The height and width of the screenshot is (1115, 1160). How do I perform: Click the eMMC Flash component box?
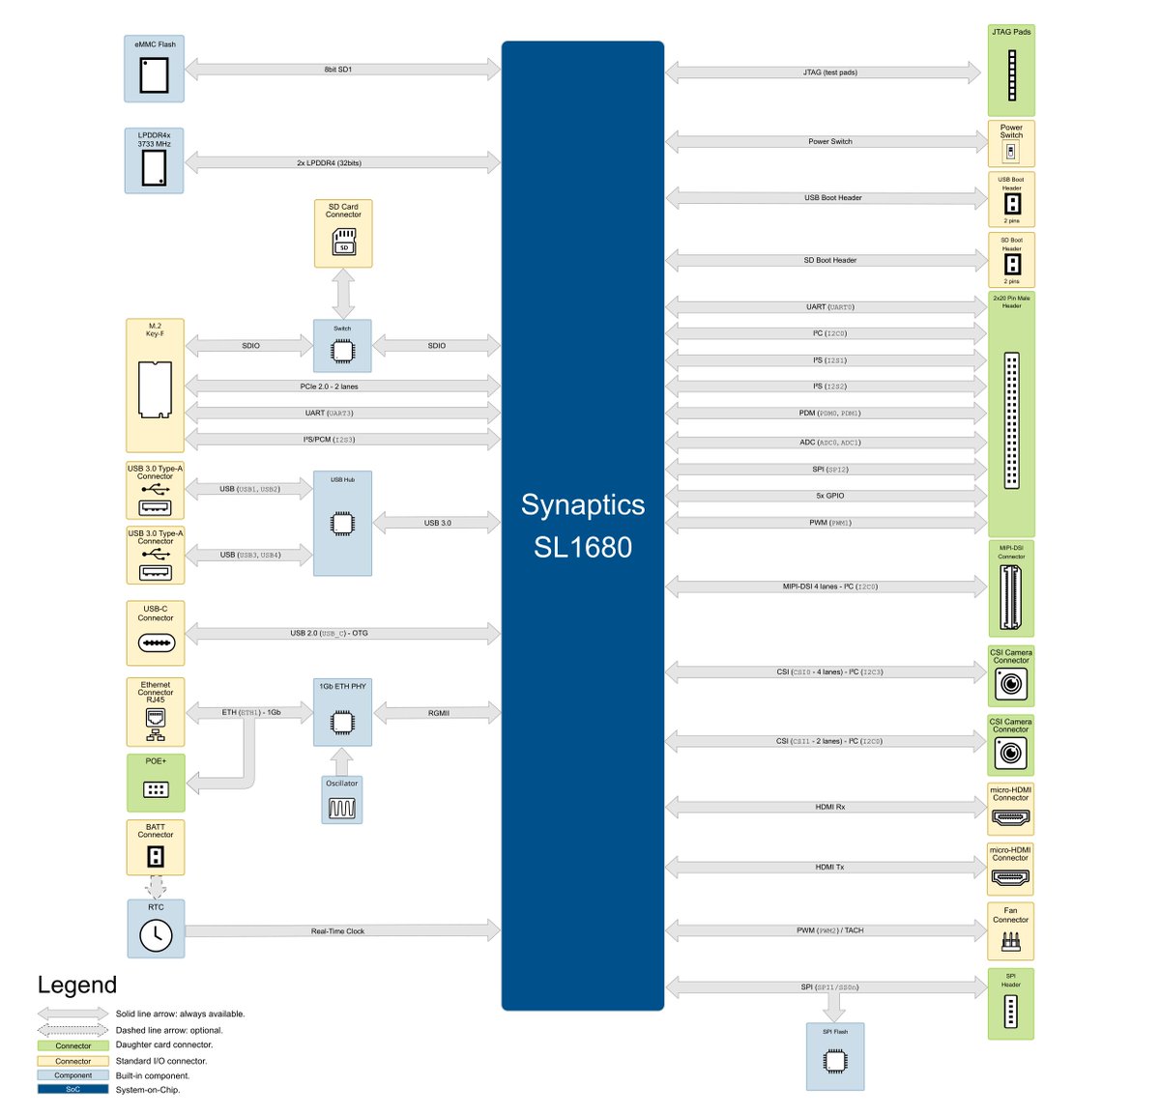click(x=154, y=69)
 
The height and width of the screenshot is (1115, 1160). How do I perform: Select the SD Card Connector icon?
click(x=343, y=242)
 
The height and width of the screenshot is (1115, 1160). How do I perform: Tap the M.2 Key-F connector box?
click(x=155, y=386)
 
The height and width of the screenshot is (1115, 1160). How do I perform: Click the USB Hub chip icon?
click(x=342, y=524)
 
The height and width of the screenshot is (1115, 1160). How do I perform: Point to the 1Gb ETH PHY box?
click(x=342, y=712)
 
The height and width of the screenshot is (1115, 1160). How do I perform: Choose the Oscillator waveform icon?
click(x=342, y=808)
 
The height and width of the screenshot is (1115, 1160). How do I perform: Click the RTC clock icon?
click(x=156, y=934)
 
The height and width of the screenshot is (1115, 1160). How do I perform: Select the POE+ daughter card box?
click(x=156, y=783)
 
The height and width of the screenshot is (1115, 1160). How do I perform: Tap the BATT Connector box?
click(x=155, y=847)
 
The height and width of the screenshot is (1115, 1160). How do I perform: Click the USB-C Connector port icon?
click(x=157, y=643)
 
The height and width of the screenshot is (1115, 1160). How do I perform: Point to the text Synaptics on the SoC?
click(x=583, y=504)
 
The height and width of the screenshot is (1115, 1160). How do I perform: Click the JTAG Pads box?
click(x=1011, y=71)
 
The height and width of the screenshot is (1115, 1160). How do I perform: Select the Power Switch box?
click(x=1011, y=143)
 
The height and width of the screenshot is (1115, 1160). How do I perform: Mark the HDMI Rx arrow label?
click(x=830, y=807)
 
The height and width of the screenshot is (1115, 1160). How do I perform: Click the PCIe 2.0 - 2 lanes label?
click(x=329, y=386)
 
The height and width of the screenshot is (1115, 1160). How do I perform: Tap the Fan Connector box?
click(x=1010, y=930)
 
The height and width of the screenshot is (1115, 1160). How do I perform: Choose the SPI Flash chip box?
click(x=835, y=1056)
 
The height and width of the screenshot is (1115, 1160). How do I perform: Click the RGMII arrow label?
click(x=439, y=713)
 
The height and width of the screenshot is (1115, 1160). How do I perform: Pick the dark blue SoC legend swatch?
click(x=73, y=1089)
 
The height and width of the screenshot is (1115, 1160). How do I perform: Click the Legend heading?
click(x=77, y=985)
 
